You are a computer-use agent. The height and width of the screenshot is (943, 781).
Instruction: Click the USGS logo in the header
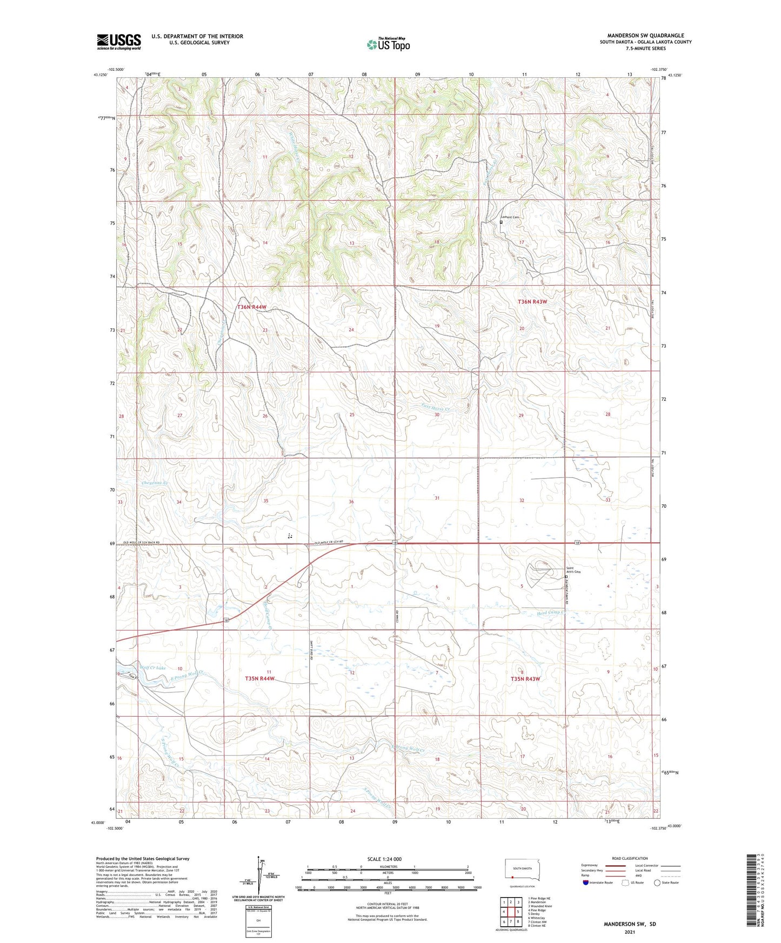[119, 41]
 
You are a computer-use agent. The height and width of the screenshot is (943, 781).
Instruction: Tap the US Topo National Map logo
[388, 44]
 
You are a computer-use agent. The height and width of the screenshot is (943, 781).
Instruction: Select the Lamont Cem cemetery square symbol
[501, 222]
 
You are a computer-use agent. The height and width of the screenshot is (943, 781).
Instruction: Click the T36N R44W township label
[252, 307]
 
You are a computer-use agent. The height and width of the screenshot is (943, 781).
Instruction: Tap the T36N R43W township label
[532, 302]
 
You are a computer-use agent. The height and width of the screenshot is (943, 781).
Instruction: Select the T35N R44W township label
[260, 678]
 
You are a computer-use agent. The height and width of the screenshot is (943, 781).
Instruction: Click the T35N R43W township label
[525, 679]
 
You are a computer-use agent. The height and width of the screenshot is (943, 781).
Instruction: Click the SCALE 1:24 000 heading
[384, 859]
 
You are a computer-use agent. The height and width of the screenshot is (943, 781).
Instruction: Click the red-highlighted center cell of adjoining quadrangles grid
[511, 913]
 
